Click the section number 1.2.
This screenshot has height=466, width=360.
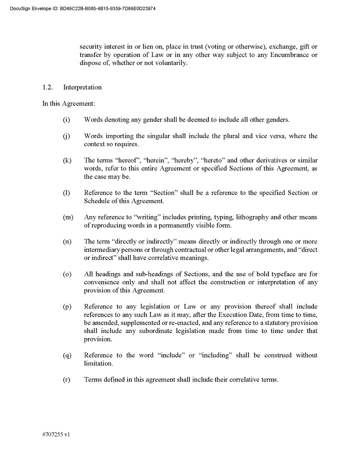click(x=47, y=87)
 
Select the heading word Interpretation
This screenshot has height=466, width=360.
click(x=82, y=87)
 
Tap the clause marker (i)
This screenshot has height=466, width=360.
click(x=66, y=120)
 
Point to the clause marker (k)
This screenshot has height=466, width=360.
click(x=66, y=160)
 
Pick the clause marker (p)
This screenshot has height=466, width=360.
click(x=66, y=306)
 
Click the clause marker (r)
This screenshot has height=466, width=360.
click(x=66, y=380)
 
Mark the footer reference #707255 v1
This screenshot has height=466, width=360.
click(x=56, y=434)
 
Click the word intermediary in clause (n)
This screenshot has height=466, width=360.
click(x=103, y=250)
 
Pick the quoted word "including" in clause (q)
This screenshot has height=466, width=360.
click(x=218, y=355)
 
